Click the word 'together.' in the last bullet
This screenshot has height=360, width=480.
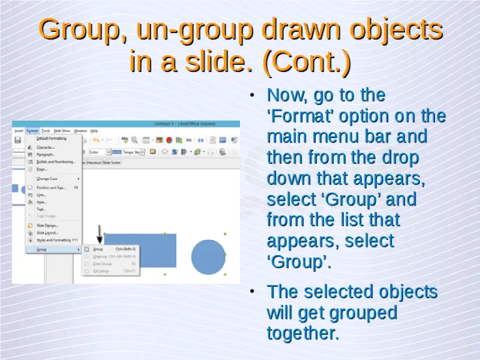pos(303,333)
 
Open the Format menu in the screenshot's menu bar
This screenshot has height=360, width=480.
pos(32,131)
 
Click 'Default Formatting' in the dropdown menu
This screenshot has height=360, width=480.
pos(51,138)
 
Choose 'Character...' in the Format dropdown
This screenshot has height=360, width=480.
pos(46,147)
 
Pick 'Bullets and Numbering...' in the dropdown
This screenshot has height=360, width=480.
pos(55,161)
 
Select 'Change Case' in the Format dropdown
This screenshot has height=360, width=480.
pos(47,179)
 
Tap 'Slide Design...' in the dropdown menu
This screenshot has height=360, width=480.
pos(47,225)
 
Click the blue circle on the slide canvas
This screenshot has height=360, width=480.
pos(208,257)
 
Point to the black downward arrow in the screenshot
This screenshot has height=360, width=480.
pos(99,234)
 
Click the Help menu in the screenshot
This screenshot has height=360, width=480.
pos(94,131)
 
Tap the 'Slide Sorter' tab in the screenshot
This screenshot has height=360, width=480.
pos(112,162)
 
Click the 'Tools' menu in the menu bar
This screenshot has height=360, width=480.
pos(46,131)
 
